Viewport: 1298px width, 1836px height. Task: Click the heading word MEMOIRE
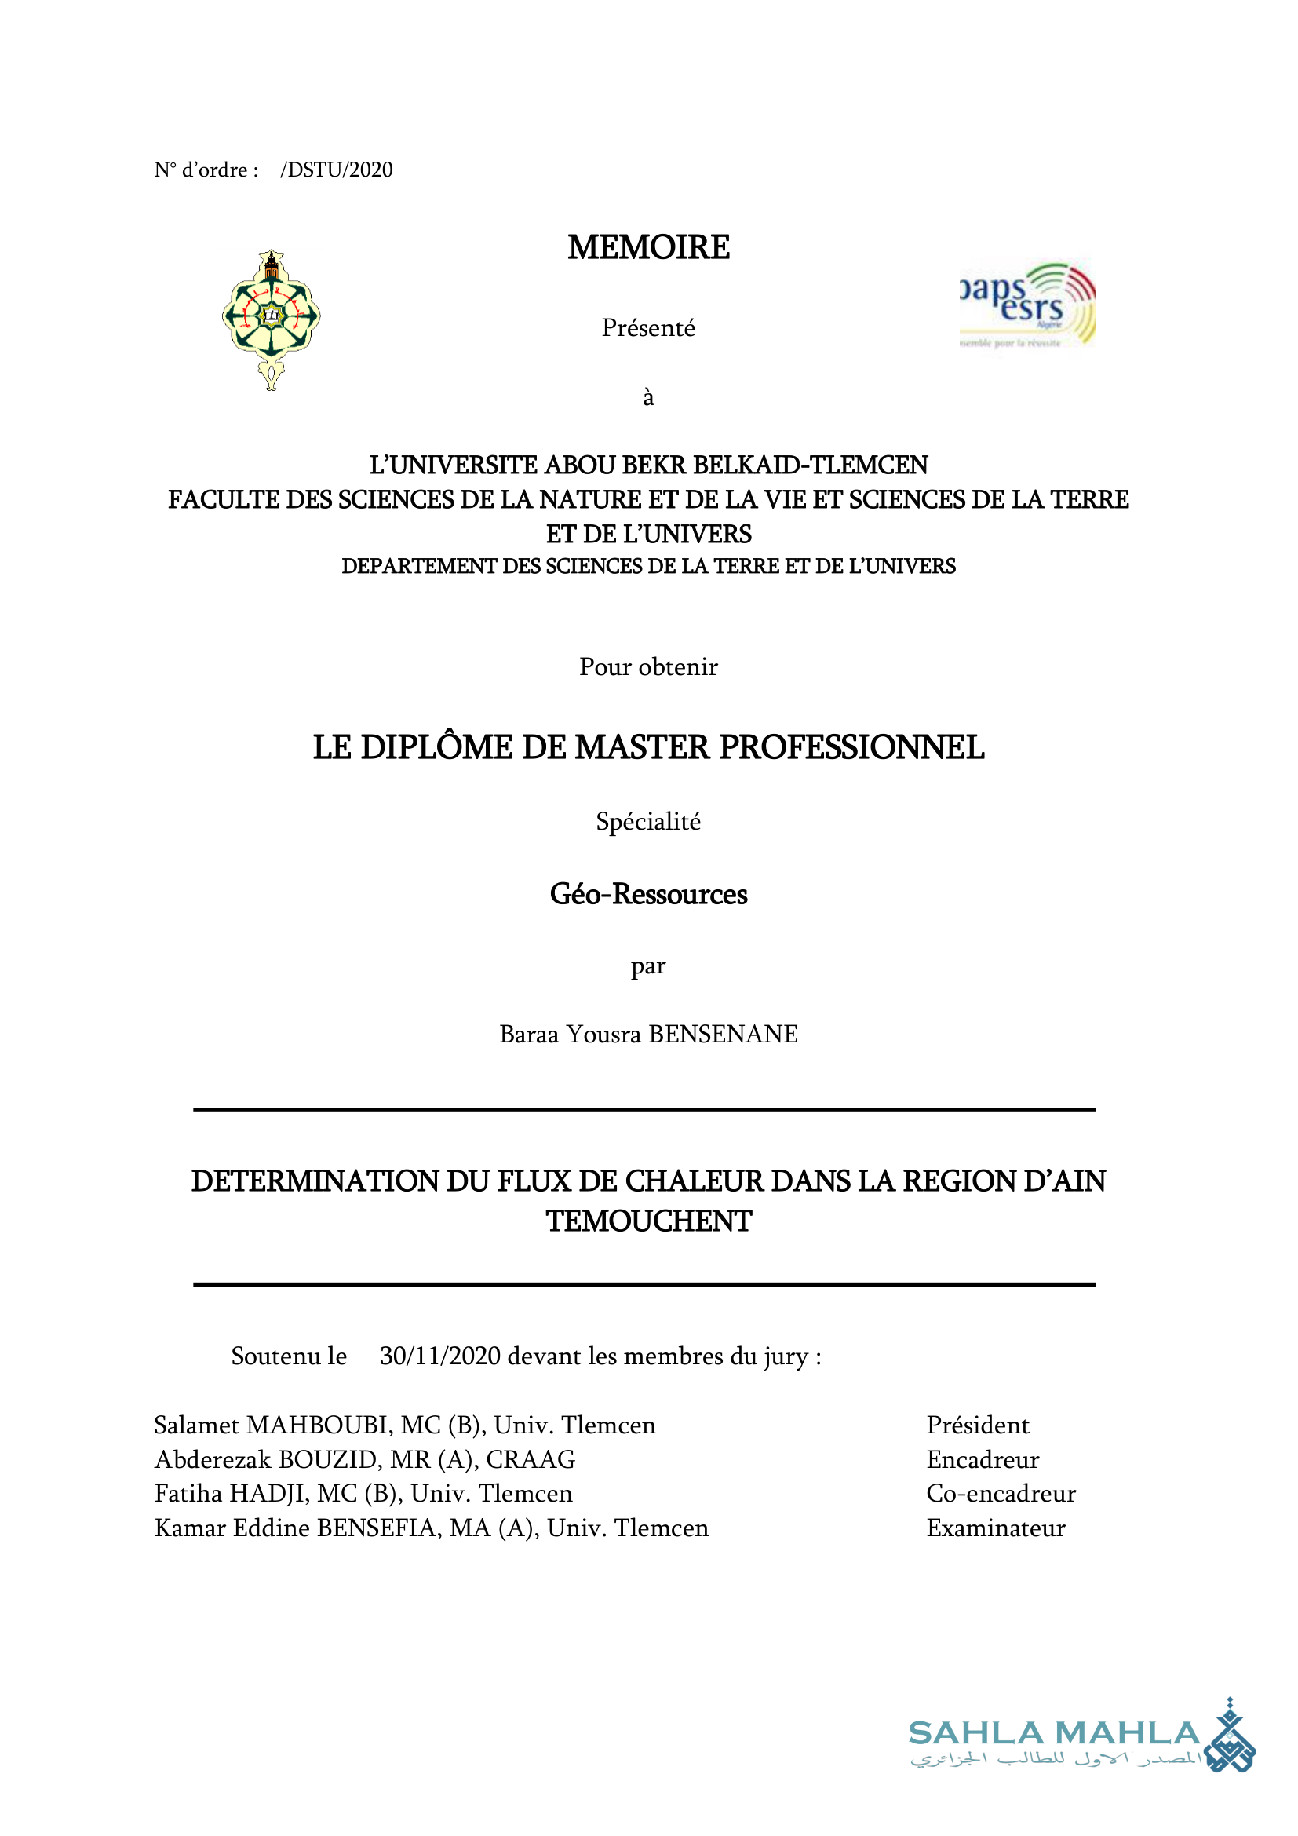(x=648, y=247)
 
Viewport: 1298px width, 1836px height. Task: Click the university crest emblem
(x=271, y=319)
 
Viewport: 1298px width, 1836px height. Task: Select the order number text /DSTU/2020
(x=337, y=170)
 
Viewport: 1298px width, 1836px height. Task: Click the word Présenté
(x=648, y=328)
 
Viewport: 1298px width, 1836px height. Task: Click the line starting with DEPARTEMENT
(x=648, y=566)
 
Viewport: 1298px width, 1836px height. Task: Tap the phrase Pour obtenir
(x=648, y=667)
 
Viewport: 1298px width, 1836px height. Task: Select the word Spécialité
(x=648, y=821)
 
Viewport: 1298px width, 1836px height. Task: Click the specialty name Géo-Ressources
(x=648, y=894)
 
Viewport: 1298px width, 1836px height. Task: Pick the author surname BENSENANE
(x=723, y=1034)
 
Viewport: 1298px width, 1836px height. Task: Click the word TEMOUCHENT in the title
(x=648, y=1221)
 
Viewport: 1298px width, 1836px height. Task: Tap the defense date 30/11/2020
(x=440, y=1356)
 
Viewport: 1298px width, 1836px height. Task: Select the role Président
(x=978, y=1425)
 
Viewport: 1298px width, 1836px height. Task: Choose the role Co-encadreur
(x=1001, y=1494)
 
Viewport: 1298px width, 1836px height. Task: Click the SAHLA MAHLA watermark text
(x=1054, y=1733)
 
